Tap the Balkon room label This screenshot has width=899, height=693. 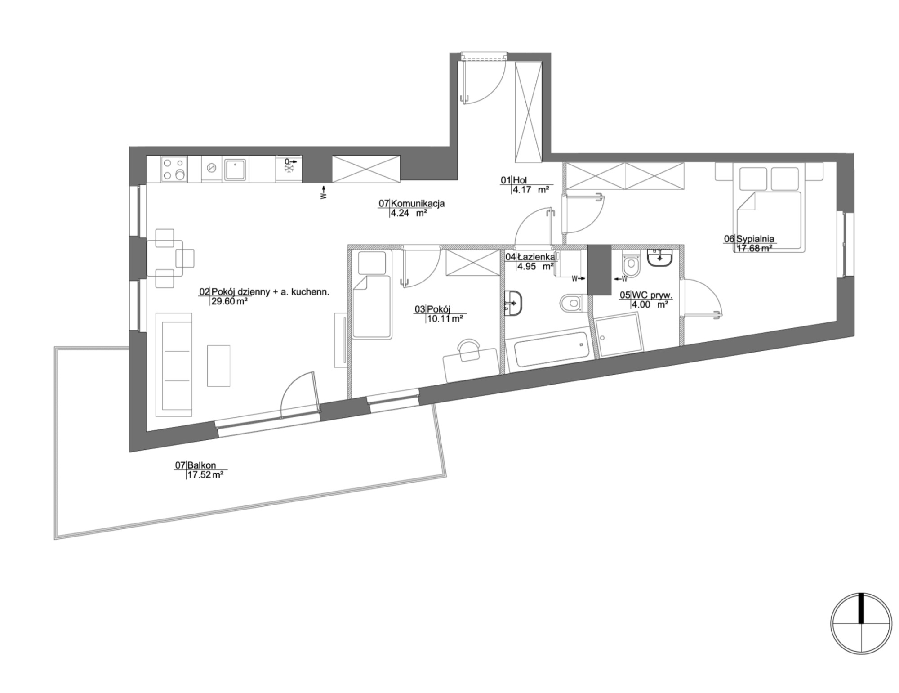pyautogui.click(x=202, y=465)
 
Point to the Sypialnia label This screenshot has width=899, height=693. pyautogui.click(x=755, y=239)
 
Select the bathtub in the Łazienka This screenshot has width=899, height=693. pyautogui.click(x=552, y=349)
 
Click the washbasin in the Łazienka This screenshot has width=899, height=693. pyautogui.click(x=513, y=302)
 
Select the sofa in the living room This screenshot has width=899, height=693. pyautogui.click(x=174, y=365)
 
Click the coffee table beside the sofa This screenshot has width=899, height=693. pyautogui.click(x=218, y=366)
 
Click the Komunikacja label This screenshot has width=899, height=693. pyautogui.click(x=418, y=203)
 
